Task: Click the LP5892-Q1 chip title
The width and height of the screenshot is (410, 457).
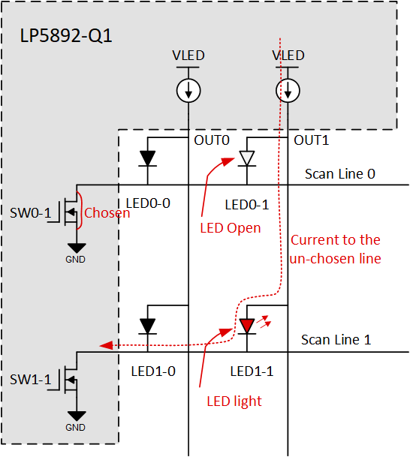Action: (x=66, y=35)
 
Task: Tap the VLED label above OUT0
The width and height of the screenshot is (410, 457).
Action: (x=188, y=56)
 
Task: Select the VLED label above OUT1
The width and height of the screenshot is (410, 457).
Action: (x=288, y=56)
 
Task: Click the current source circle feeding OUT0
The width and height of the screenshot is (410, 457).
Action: (x=188, y=91)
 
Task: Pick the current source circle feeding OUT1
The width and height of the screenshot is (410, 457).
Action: (x=288, y=91)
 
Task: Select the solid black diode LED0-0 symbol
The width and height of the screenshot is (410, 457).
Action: (x=148, y=158)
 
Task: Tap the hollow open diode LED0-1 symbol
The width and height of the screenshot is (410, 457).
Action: (x=247, y=158)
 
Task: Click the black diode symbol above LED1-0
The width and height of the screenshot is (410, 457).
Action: (x=148, y=326)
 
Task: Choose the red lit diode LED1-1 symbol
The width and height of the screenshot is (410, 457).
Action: (x=247, y=326)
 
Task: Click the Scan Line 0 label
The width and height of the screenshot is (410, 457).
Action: (x=339, y=174)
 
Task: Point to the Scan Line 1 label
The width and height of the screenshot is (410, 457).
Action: (x=336, y=339)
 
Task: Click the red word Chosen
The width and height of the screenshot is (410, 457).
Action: (x=107, y=213)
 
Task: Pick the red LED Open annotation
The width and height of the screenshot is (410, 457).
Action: (x=231, y=227)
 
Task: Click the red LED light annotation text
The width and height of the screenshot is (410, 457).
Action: (x=234, y=401)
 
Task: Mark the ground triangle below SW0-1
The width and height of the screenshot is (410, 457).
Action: (x=76, y=248)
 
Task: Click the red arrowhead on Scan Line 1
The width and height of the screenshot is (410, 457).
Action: (x=107, y=345)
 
